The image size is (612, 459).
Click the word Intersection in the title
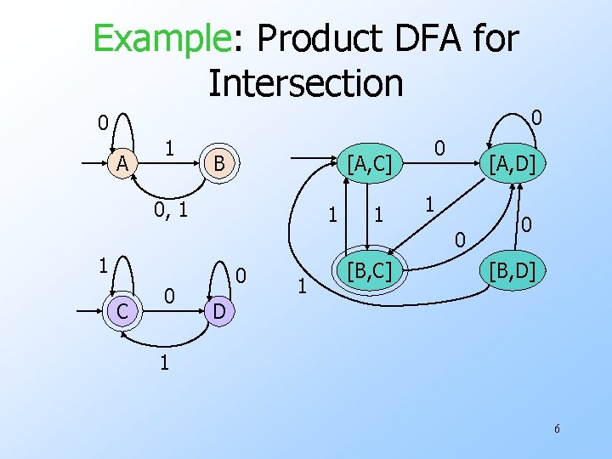click(x=305, y=82)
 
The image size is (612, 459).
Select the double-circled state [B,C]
click(x=365, y=272)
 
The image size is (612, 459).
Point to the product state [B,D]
click(x=507, y=272)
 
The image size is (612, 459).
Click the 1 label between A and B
click(x=170, y=147)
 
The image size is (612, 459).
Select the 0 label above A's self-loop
click(x=102, y=124)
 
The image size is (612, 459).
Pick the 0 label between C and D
click(x=170, y=296)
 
